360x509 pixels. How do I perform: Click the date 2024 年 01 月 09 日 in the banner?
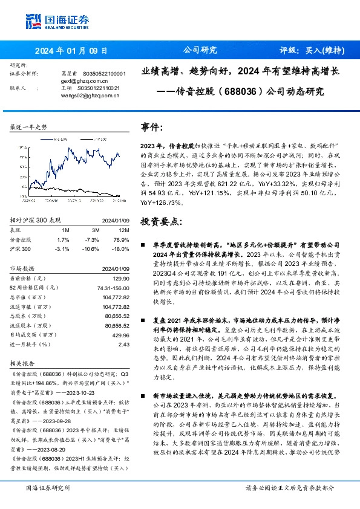[71, 50]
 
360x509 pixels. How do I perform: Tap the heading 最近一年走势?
[29, 127]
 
